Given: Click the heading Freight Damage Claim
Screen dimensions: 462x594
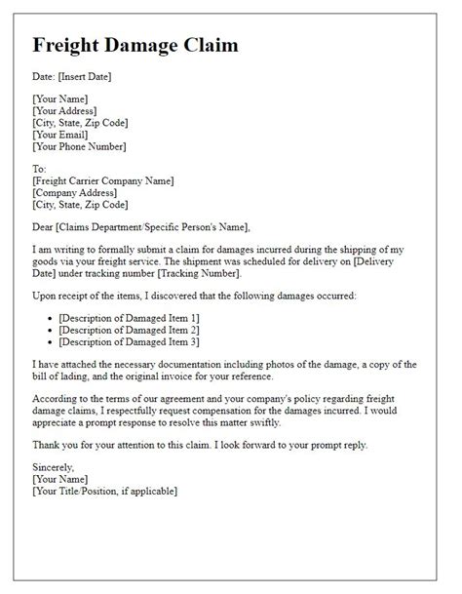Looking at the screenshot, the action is coord(135,46).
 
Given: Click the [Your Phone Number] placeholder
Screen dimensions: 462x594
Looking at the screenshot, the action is coord(79,147).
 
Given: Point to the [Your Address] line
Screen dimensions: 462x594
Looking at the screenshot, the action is coord(70,110).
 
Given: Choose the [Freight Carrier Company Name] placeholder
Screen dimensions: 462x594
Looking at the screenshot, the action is coord(102,179).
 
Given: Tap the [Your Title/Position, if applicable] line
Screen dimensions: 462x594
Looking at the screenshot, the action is coord(104,491).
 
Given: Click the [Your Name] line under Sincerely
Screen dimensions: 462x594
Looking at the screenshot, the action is coord(60,479).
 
